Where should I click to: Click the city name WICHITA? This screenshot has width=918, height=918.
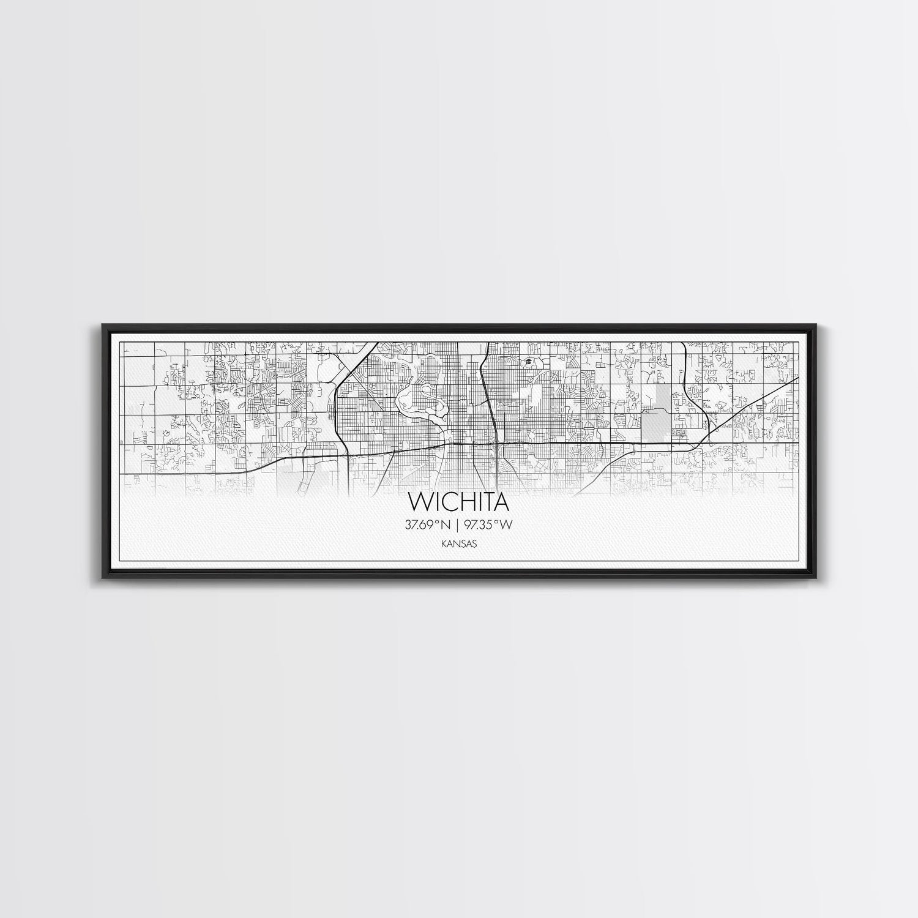click(460, 502)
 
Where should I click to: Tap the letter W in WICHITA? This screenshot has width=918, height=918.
click(420, 502)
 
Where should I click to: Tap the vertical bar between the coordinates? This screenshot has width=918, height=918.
click(458, 524)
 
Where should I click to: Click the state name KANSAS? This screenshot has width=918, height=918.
click(459, 543)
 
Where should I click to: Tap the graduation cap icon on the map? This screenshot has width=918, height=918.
click(526, 363)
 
